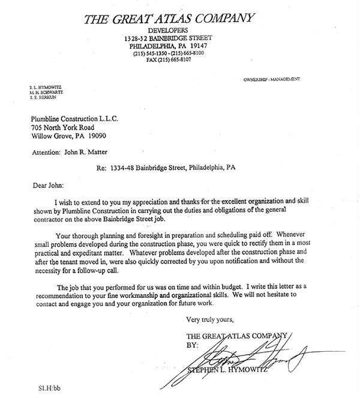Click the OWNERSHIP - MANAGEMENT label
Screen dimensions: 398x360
coord(271,79)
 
